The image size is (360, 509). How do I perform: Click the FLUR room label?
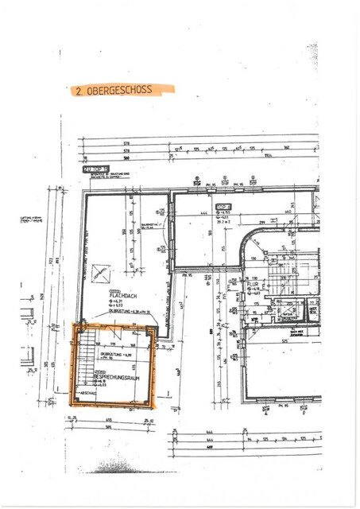[x=254, y=282]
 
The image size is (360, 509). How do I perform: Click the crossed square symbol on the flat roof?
[x=100, y=273]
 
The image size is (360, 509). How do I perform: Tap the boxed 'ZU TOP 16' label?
[x=93, y=169]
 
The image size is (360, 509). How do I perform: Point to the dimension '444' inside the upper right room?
[x=203, y=213]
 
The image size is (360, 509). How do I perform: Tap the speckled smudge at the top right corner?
[x=312, y=54]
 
